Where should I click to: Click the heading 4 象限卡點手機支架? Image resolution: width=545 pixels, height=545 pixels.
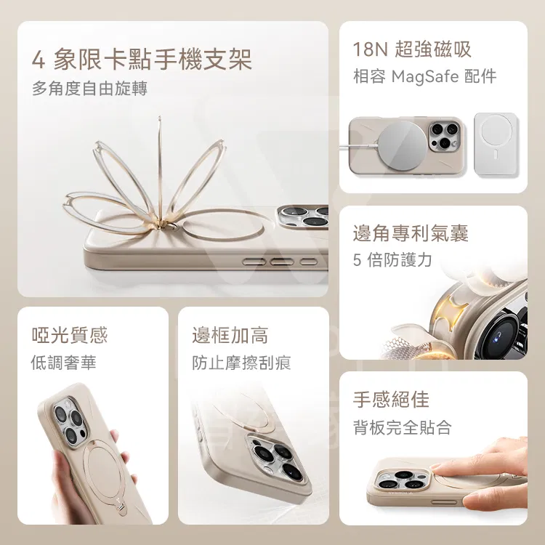point(142,60)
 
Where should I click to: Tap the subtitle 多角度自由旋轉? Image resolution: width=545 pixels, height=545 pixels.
point(89,88)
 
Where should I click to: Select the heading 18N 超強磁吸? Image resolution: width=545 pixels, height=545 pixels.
point(412,49)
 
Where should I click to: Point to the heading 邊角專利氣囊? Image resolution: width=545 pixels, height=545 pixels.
point(411,233)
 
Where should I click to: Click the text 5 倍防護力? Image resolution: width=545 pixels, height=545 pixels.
point(392,260)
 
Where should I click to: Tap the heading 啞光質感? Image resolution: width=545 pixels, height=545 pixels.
point(70,335)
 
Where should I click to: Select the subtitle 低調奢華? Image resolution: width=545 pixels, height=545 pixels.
point(63,363)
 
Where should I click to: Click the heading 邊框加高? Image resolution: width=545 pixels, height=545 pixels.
point(230,335)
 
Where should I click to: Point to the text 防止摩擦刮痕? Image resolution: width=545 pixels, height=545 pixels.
point(241,363)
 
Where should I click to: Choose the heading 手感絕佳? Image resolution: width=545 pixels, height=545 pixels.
point(391,399)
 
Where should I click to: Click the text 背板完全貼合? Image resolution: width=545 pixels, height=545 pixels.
point(402,427)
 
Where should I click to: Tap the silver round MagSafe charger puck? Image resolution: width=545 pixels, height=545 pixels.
point(402,145)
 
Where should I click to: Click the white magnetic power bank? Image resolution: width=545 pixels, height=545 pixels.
point(496,144)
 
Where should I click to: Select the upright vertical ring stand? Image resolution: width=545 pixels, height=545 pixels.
point(160,170)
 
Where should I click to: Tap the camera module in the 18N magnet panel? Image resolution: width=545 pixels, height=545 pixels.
point(444,136)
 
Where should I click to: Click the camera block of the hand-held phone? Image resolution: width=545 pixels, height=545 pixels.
point(71,421)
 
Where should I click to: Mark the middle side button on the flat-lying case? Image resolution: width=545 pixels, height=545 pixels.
point(281,262)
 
